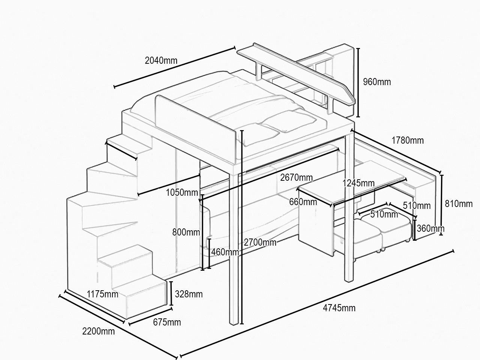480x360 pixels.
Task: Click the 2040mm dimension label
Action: (161, 60)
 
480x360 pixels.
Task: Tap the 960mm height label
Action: (377, 82)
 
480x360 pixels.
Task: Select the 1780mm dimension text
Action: (407, 140)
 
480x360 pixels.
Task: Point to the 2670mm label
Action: (296, 177)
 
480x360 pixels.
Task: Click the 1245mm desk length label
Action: (358, 183)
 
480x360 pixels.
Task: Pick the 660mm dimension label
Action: (303, 202)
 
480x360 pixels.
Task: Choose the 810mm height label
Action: (459, 204)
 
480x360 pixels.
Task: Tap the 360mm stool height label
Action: (430, 228)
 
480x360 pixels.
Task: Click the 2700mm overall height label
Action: (260, 242)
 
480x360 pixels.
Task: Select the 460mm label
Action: (225, 252)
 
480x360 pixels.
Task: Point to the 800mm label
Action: (186, 232)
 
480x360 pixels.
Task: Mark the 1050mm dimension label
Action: (182, 193)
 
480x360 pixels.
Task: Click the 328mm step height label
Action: (189, 294)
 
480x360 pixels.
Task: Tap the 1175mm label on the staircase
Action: (102, 294)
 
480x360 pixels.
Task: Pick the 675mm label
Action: (167, 322)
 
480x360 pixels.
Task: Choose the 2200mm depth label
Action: (98, 331)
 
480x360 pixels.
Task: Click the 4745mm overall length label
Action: (339, 308)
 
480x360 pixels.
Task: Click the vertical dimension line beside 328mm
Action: (171, 293)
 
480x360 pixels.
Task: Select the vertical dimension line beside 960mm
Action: (358, 82)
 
